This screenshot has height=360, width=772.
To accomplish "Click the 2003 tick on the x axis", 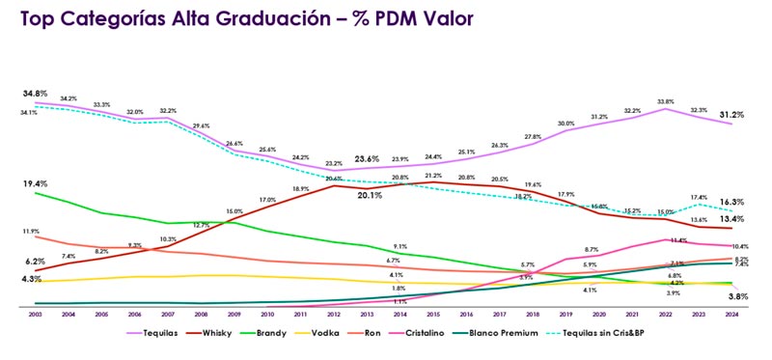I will tap(35, 315).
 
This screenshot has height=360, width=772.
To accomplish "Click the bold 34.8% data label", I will tap(36, 94).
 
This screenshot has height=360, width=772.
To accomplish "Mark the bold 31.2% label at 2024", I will tap(731, 115).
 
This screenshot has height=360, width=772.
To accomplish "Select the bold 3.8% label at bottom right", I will tap(736, 296).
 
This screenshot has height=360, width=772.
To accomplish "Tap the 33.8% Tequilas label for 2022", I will tap(664, 100).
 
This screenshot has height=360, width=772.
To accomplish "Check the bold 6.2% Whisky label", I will tap(36, 261).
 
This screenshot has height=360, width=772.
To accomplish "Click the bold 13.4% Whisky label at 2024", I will tap(731, 219).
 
